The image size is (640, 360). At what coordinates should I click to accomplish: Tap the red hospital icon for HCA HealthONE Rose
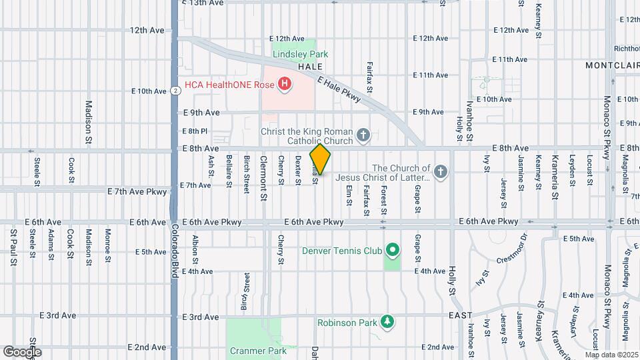285,84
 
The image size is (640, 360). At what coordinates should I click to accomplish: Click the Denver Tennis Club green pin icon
393,251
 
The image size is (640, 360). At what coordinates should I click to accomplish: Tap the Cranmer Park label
253,350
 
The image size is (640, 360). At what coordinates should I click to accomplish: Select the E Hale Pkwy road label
339,90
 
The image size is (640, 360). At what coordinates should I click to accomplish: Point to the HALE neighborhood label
310,67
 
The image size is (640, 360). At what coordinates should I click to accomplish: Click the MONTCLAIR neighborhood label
612,65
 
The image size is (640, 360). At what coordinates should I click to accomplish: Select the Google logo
22,351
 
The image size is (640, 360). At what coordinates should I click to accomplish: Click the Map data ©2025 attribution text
611,355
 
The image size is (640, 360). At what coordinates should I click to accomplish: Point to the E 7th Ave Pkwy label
138,191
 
